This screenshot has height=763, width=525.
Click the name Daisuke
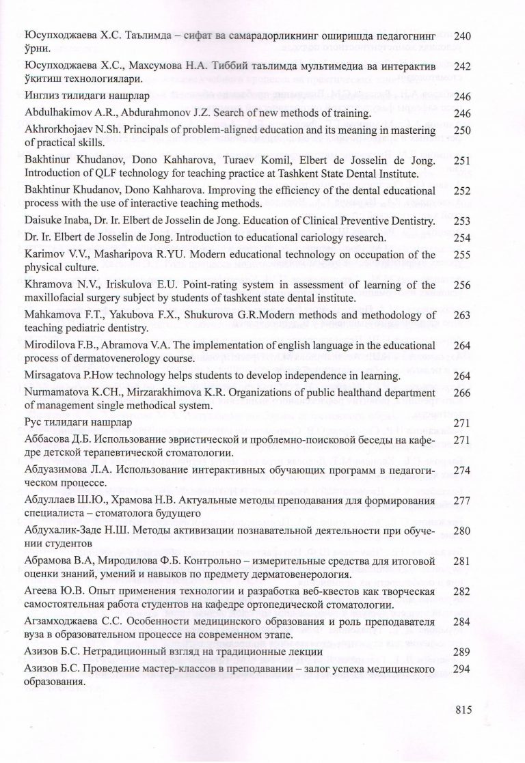point(42,221)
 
